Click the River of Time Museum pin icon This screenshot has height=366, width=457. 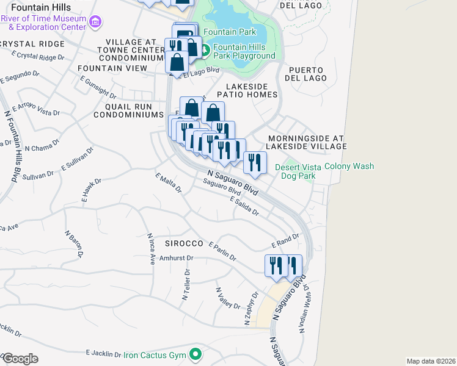click(95, 23)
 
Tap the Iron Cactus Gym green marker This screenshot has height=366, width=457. click(196, 354)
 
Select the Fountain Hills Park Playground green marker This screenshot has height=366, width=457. click(205, 49)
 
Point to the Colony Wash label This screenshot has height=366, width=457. click(349, 166)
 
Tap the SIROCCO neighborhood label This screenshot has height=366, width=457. click(183, 243)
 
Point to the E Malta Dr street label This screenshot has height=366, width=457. click(169, 182)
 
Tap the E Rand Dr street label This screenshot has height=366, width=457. click(285, 241)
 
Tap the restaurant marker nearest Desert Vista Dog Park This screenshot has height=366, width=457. click(255, 163)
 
